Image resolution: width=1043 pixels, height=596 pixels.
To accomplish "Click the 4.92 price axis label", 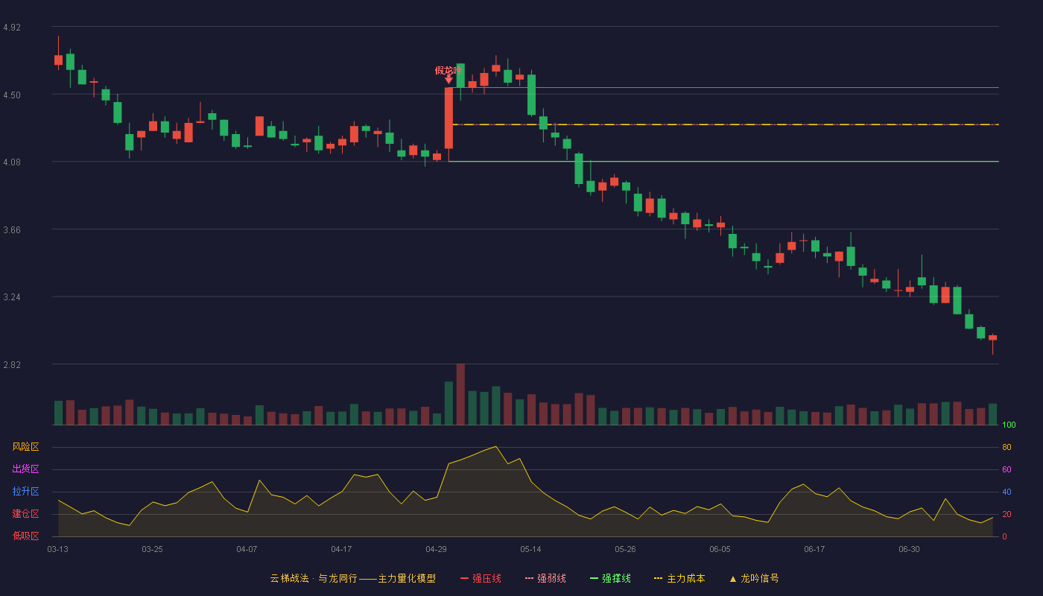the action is coord(12,28).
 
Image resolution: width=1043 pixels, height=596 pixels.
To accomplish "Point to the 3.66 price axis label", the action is coord(12,230).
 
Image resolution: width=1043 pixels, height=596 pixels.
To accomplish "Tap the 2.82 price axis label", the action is coord(12,364).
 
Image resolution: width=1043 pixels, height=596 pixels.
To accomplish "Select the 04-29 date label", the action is coord(436,550).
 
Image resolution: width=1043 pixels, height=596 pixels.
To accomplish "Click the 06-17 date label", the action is coord(814,550).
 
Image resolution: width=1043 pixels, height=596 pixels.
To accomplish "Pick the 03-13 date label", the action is coord(58,550).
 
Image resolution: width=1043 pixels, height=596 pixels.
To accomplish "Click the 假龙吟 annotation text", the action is coord(448,70).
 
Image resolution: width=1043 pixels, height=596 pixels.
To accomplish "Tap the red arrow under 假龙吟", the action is coord(448,80).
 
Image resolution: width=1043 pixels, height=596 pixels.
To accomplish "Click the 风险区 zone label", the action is coord(25,446).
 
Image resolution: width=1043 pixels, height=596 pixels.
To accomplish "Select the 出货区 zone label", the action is coord(25,469).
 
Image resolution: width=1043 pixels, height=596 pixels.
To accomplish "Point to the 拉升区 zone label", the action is coord(25,491).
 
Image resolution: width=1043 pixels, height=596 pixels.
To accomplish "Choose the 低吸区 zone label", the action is coord(25,536).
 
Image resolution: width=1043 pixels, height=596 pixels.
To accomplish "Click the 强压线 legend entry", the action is coord(481,578).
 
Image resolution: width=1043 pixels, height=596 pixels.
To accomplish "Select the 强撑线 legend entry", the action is coord(610,578).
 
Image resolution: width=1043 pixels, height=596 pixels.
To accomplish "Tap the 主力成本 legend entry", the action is coord(679,578).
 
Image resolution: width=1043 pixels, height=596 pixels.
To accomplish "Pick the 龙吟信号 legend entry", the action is coord(754,578).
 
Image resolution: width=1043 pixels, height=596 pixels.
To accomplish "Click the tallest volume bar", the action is coord(460,394).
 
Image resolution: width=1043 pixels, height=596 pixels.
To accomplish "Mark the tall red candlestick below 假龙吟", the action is coord(448,118).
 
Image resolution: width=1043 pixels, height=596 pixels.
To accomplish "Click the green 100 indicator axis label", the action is coord(1009,425).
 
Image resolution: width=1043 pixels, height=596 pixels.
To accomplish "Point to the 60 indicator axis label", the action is coord(1006,469).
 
